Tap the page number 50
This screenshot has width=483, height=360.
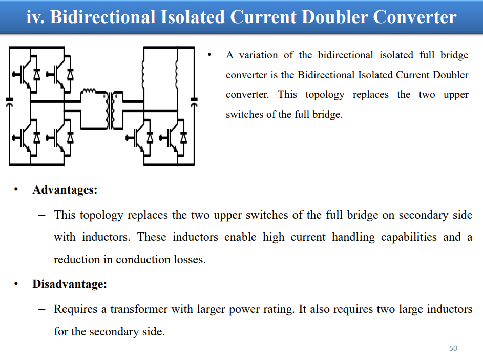[x=453, y=348]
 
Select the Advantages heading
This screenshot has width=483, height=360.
[x=65, y=190]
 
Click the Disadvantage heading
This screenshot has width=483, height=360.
[x=70, y=284]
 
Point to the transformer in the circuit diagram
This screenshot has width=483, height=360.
[x=111, y=110]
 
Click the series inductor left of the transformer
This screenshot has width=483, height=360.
[x=89, y=91]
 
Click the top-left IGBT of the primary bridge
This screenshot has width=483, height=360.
[x=27, y=74]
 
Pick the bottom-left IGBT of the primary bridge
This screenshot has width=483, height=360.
[x=27, y=138]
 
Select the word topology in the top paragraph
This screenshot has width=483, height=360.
[x=325, y=95]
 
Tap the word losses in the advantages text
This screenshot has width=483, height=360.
[x=190, y=259]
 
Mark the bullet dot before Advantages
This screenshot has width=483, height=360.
[x=16, y=189]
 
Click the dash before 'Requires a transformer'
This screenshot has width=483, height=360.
[x=41, y=309]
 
